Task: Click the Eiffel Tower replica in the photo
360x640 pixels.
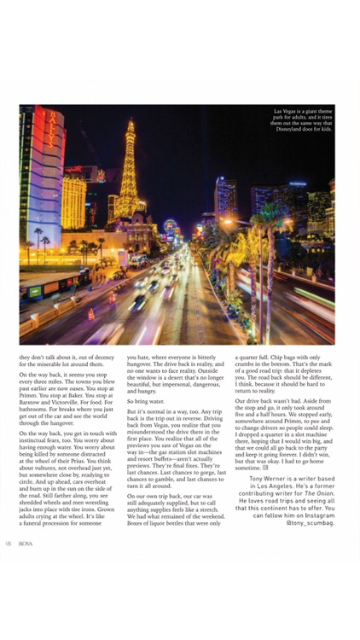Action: [x=130, y=171]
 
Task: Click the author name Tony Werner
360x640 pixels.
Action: [x=267, y=480]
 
